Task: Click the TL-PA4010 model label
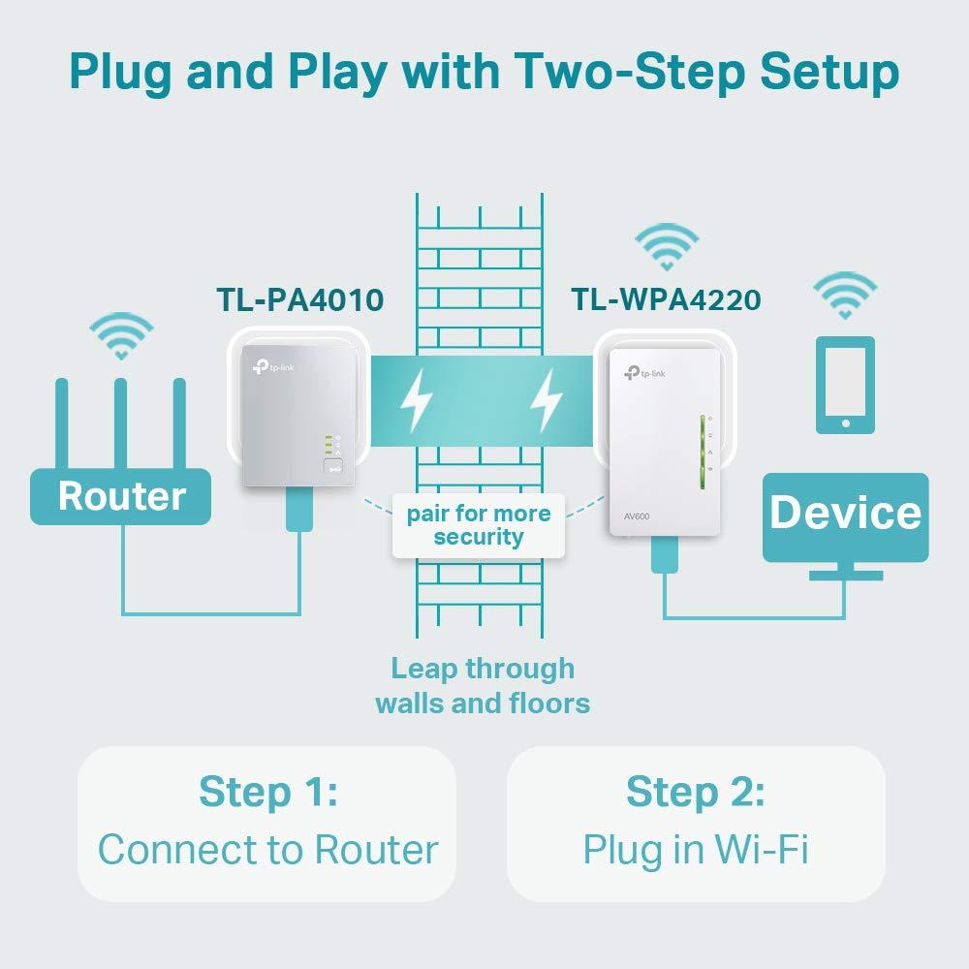[x=299, y=299]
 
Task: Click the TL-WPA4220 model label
[x=666, y=299]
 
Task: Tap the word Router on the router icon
[x=121, y=496]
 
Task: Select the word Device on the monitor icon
[x=845, y=513]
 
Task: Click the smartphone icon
[x=845, y=385]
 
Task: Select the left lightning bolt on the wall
[x=417, y=399]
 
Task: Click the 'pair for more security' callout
[x=479, y=525]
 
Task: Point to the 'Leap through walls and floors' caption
[x=483, y=685]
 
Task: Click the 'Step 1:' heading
[x=267, y=792]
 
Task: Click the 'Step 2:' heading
[x=696, y=792]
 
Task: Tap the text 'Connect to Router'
[x=267, y=850]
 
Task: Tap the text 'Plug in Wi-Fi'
[x=696, y=850]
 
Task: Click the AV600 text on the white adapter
[x=637, y=516]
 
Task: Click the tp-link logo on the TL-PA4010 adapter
[x=266, y=364]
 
